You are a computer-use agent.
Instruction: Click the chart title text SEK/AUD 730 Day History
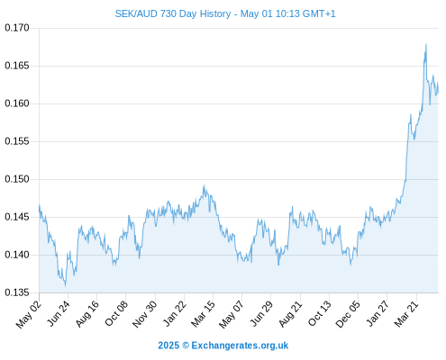[173, 13]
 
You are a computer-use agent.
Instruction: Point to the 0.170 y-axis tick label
[17, 28]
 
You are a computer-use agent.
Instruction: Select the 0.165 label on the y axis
[17, 66]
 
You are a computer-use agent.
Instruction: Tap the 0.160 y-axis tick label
[17, 103]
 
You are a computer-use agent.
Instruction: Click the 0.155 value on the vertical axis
[17, 141]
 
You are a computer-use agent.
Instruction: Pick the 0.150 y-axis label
[17, 179]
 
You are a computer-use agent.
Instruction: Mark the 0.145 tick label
[17, 217]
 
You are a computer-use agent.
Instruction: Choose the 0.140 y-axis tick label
[17, 255]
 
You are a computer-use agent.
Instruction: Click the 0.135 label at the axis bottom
[17, 292]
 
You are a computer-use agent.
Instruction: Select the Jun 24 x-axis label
[59, 313]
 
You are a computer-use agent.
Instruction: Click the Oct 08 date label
[116, 313]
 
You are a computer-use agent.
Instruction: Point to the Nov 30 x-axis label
[145, 314]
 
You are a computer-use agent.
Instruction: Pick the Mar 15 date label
[203, 314]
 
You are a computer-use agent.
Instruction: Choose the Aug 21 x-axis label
[290, 314]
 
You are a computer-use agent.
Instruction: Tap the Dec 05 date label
[348, 314]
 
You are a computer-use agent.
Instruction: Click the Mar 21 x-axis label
[406, 314]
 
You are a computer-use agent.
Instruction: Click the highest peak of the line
[426, 44]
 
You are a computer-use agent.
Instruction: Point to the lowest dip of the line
[66, 286]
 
